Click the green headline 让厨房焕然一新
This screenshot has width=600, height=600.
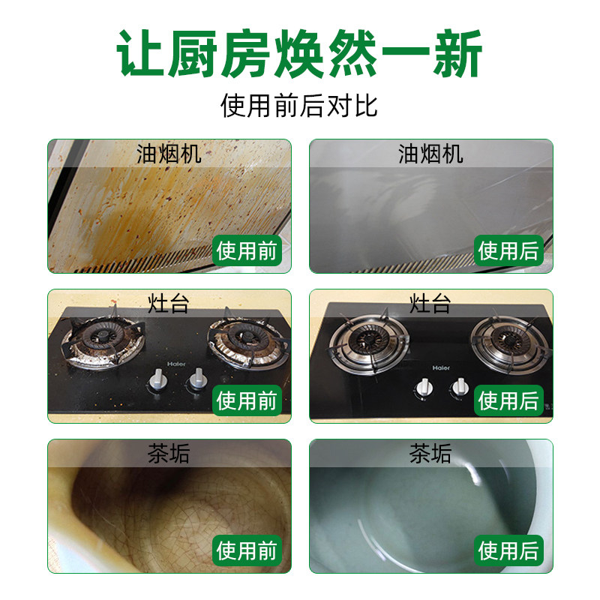[x=300, y=54]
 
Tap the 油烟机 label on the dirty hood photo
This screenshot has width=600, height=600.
[x=169, y=154]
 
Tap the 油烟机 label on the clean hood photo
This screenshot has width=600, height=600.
[x=430, y=154]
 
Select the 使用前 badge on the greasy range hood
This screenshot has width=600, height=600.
[x=247, y=250]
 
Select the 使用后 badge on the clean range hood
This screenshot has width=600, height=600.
[x=509, y=250]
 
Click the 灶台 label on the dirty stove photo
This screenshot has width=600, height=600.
[x=169, y=304]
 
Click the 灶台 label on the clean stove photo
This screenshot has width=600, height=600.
[x=430, y=304]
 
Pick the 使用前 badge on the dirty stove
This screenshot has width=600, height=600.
[x=247, y=400]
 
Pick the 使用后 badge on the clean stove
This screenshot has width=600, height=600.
[x=509, y=400]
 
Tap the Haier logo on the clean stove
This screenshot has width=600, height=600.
[x=439, y=368]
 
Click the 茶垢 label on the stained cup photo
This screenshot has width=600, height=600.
[x=169, y=454]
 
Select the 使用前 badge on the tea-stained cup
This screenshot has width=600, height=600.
[x=247, y=550]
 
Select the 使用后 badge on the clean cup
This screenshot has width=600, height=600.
[x=509, y=550]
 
